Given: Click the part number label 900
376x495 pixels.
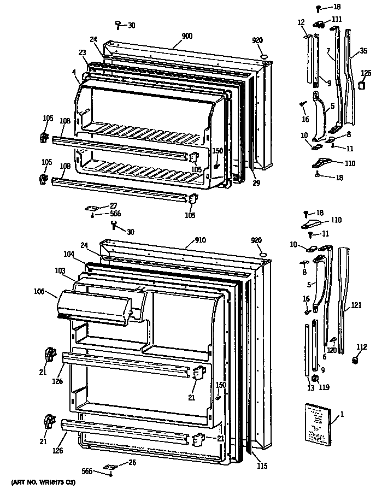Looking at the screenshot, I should tap(187, 36).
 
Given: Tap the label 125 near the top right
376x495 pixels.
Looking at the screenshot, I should tap(366, 72).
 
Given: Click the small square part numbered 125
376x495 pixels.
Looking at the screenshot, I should tap(362, 86).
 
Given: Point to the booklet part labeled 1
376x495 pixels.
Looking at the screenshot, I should tap(316, 422).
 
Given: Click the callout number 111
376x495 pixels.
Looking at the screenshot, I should tap(337, 19).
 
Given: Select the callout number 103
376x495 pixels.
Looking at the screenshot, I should tap(61, 270).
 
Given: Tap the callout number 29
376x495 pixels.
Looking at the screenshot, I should tap(256, 183).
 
